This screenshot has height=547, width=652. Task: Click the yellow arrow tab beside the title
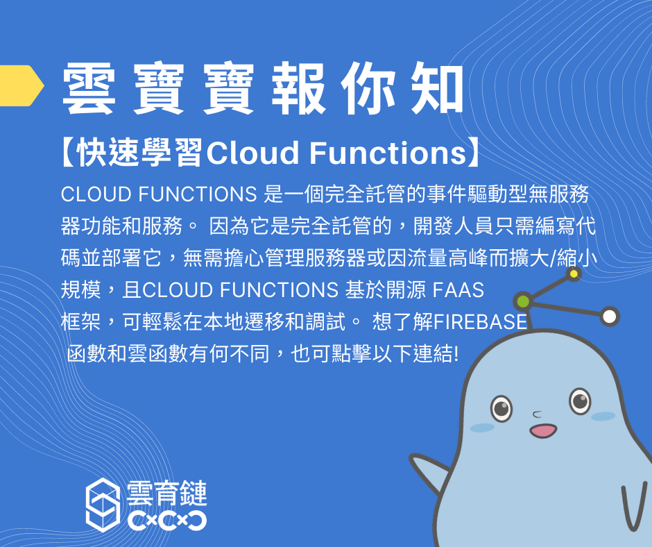click(20, 85)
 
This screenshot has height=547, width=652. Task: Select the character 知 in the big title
click(438, 88)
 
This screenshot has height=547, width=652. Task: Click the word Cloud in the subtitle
click(252, 152)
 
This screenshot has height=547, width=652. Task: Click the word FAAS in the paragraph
click(458, 289)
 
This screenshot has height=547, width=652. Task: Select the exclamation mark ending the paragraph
click(456, 354)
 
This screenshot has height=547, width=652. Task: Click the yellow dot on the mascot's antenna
click(574, 273)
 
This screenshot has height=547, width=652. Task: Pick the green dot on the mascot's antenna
click(523, 301)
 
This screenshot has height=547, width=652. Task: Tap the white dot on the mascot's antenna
click(610, 317)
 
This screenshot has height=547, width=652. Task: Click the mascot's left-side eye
click(501, 407)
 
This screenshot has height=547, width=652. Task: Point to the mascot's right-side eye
click(580, 401)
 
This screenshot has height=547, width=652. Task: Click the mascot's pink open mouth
click(543, 430)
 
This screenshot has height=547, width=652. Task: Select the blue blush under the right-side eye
click(603, 416)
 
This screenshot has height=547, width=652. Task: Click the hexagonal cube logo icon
click(103, 505)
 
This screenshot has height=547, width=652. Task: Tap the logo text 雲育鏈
click(166, 494)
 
